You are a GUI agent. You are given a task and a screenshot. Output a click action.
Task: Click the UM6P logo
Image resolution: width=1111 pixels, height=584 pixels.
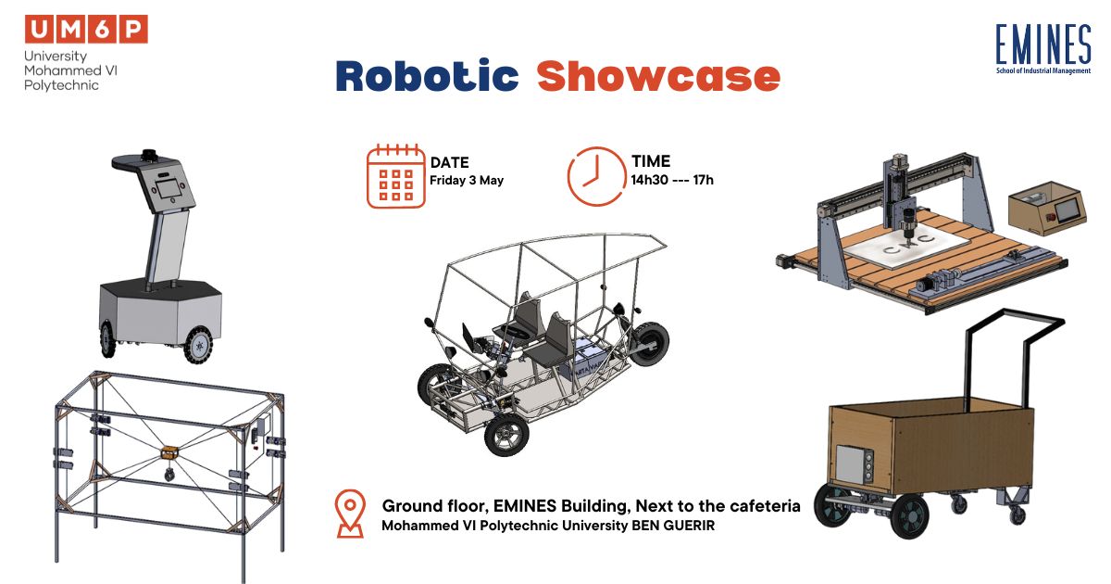pos(86,53)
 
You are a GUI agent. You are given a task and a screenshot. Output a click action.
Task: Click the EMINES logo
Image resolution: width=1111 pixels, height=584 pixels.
pos(1043,49)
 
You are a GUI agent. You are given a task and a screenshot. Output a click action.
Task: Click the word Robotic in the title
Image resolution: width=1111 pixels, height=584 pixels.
pos(427,75)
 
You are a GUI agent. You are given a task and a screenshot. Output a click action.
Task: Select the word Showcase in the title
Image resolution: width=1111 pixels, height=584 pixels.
pos(658,76)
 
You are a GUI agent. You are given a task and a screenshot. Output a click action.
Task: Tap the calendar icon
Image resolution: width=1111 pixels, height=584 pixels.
pos(396,176)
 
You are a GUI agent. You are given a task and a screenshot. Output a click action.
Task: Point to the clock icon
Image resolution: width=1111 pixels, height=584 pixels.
pos(596,176)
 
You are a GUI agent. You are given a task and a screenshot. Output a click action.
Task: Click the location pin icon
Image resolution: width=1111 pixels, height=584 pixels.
pos(350,514)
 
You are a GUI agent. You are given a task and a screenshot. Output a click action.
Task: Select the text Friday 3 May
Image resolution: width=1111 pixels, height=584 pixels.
pos(467,180)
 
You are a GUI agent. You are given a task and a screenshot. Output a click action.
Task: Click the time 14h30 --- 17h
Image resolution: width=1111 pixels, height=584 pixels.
pos(672,180)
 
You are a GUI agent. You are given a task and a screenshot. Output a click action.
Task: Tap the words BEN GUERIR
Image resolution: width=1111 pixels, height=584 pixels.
pos(673,526)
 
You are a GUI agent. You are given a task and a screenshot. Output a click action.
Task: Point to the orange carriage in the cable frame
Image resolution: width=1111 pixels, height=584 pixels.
pos(169,452)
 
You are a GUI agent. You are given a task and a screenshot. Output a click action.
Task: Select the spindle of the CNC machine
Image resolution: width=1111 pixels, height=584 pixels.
pos(908,222)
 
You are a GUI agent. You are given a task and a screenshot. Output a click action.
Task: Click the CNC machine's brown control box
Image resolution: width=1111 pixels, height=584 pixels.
pos(1047,208)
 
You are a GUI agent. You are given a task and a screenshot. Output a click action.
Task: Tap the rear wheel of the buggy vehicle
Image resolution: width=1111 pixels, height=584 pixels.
pos(649,343)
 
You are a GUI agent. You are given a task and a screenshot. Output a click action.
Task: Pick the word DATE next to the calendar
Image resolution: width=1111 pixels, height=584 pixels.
pos(449,162)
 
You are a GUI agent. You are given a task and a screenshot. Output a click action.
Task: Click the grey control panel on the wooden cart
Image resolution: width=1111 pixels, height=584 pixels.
pos(855,463)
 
